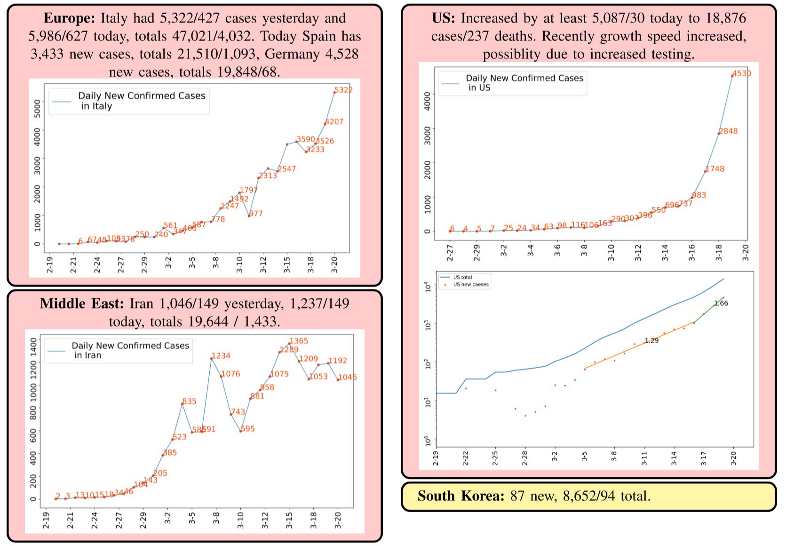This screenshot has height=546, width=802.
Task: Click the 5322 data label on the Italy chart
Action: (x=343, y=90)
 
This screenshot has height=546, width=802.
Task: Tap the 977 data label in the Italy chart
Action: (x=256, y=214)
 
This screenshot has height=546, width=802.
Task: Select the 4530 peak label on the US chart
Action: (x=742, y=73)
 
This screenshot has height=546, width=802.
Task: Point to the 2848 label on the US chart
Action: (x=728, y=131)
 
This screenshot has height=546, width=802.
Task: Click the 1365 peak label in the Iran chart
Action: (x=299, y=341)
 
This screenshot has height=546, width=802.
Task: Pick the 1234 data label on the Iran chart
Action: (x=221, y=356)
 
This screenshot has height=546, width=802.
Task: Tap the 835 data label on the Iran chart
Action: (x=189, y=401)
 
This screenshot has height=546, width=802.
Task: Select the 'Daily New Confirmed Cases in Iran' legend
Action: (x=119, y=350)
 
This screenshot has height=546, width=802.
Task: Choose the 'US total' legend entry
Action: (x=462, y=277)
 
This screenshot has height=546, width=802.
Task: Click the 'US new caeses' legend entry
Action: (x=470, y=284)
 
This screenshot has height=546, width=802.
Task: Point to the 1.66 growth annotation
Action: (x=721, y=304)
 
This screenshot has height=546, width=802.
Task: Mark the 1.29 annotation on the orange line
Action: (x=651, y=341)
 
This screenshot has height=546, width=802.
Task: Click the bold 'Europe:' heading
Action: (x=69, y=18)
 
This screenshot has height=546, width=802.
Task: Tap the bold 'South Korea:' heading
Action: (x=461, y=496)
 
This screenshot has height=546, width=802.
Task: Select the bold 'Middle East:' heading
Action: (x=82, y=304)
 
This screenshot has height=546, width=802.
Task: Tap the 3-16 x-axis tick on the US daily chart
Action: (x=692, y=253)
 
